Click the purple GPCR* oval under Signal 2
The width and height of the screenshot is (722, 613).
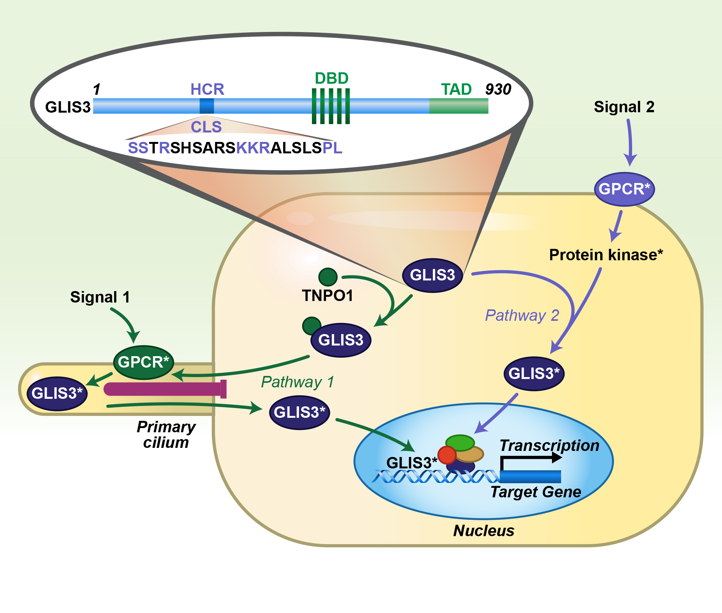(624, 189)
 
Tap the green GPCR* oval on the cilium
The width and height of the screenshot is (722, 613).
(143, 362)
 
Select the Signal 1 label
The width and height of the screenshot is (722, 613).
(100, 297)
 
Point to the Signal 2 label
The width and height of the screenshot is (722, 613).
(624, 107)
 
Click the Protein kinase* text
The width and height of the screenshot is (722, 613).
(606, 255)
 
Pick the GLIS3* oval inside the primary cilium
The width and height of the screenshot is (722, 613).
(57, 393)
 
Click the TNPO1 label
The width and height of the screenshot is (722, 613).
(328, 296)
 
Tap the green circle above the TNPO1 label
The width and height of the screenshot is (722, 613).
(328, 277)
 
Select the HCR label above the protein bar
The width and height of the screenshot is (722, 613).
(207, 89)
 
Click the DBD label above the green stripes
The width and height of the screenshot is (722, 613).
(332, 78)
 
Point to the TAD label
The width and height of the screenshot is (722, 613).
(456, 89)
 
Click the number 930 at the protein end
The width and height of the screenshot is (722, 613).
(498, 89)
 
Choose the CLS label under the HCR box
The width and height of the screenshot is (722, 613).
(206, 127)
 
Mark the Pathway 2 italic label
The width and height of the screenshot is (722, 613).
(522, 315)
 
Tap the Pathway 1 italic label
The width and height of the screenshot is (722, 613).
(297, 382)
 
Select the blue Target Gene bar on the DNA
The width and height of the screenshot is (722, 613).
(530, 476)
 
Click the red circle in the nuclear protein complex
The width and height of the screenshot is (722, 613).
(447, 455)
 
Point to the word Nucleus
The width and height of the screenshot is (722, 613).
(483, 531)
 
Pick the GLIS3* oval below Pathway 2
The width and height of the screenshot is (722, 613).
(534, 374)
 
